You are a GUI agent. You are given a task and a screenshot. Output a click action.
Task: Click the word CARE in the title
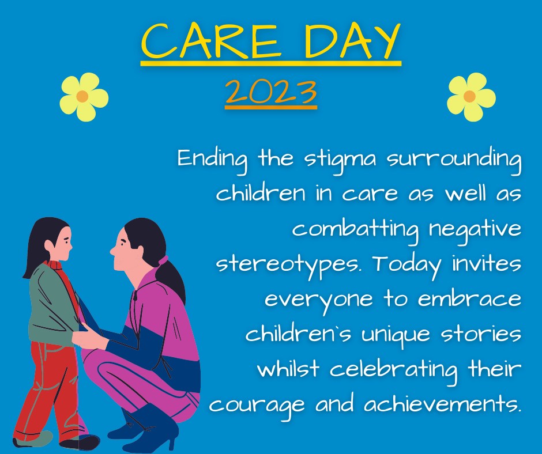click(210, 41)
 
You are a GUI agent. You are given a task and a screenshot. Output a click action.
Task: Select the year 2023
click(271, 92)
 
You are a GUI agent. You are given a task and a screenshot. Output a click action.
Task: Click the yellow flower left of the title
click(84, 97)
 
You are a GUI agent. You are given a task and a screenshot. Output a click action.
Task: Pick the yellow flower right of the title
click(471, 97)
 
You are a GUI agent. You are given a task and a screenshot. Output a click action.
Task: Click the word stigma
click(340, 160)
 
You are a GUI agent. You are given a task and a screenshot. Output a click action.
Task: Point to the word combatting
click(355, 229)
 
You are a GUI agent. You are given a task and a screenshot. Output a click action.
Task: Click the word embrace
click(469, 298)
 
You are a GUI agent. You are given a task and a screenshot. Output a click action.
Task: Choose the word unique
click(396, 335)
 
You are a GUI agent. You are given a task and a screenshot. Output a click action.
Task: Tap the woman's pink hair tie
click(163, 260)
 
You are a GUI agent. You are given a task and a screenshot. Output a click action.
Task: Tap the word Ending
click(213, 160)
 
